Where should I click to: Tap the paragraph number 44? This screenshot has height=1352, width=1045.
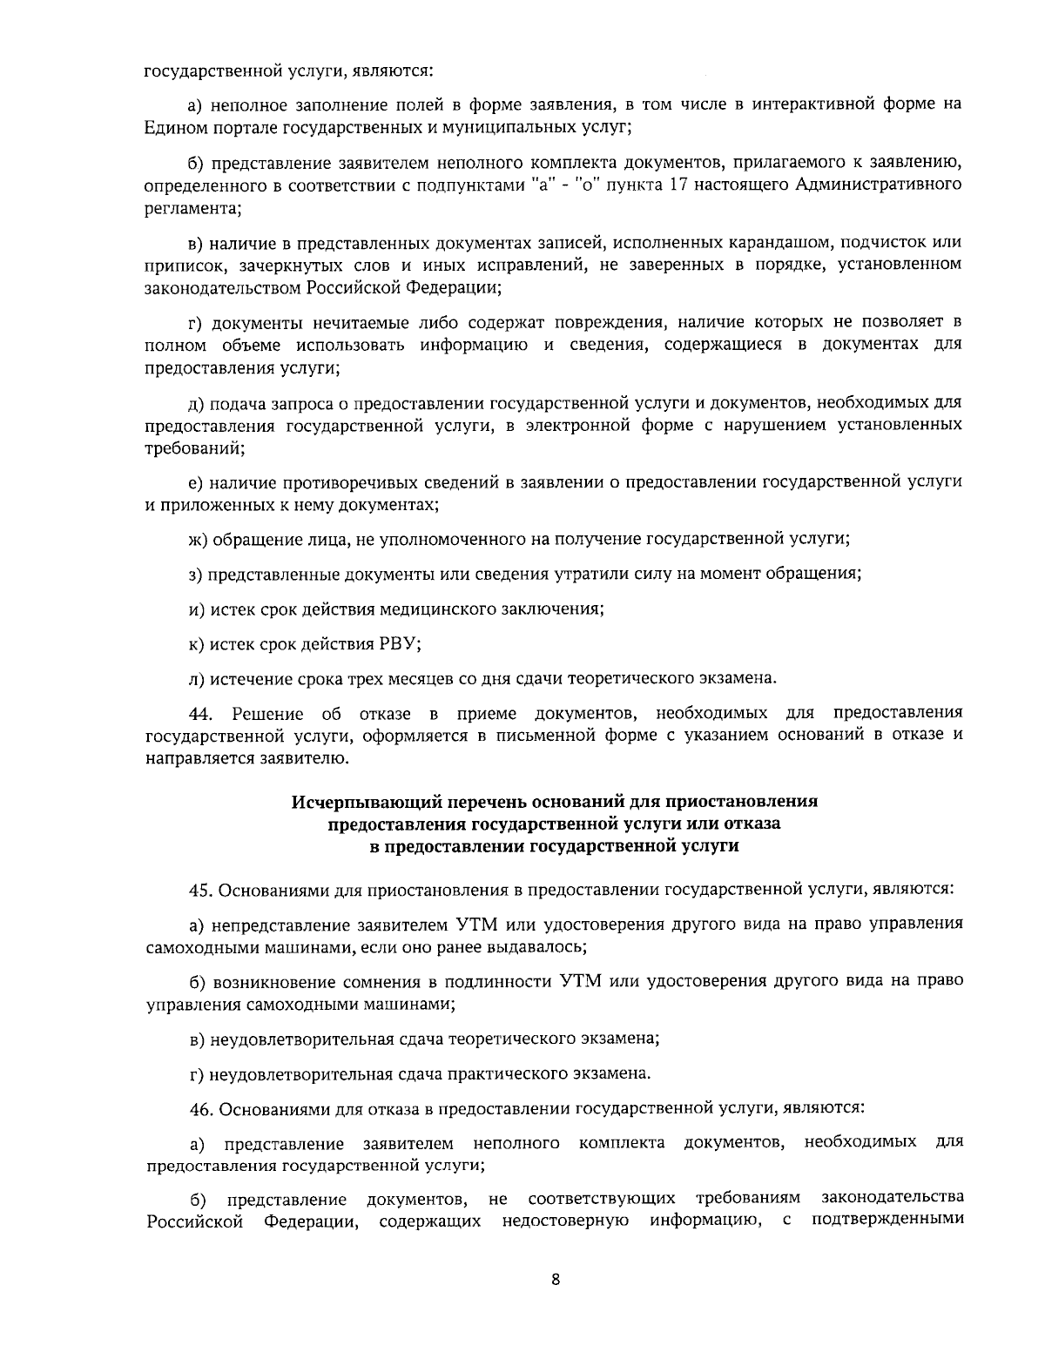pos(201,714)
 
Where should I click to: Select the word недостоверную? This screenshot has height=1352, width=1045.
pos(566,1221)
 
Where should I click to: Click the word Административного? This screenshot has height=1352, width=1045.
pos(878,185)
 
